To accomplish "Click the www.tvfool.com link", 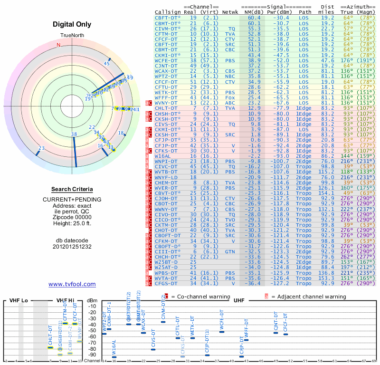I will [x=72, y=284].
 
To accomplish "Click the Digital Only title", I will [x=72, y=24].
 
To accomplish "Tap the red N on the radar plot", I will [x=59, y=45].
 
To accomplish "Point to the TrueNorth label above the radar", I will [x=72, y=36].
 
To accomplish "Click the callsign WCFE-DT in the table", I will [x=167, y=60].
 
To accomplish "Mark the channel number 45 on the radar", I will [x=107, y=63].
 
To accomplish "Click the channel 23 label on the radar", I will [x=42, y=148].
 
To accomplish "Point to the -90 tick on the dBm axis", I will [x=92, y=355].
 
